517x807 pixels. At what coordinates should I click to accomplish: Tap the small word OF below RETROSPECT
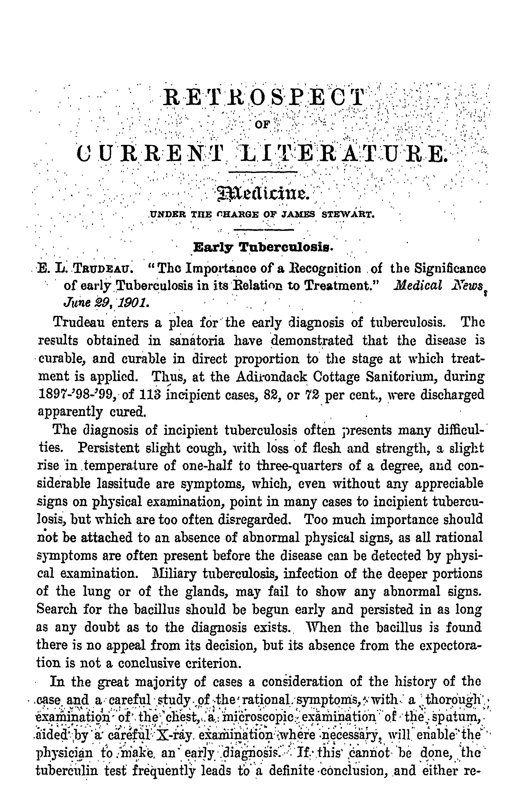pyautogui.click(x=263, y=125)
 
